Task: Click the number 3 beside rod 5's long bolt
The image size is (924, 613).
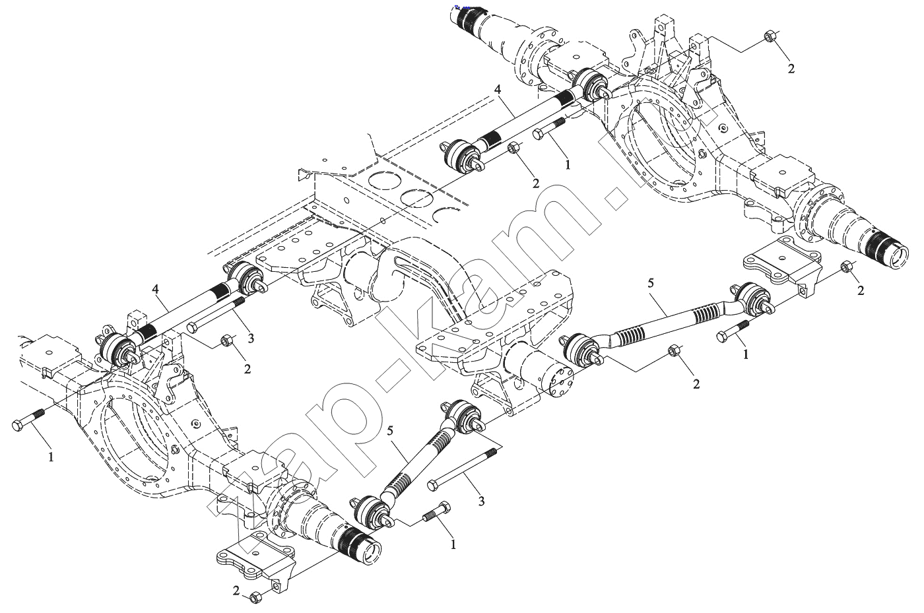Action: coord(481,501)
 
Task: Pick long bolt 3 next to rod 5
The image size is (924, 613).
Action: coord(462,470)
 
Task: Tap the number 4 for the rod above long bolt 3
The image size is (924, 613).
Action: coord(156,288)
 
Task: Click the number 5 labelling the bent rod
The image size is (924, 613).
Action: coord(651,284)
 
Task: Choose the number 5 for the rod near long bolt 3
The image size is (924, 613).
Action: coord(390,430)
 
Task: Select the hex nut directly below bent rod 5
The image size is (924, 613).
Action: coord(674,351)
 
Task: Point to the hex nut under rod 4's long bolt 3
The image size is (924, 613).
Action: coord(226,340)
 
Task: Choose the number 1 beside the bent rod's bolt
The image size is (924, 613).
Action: coord(746,354)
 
